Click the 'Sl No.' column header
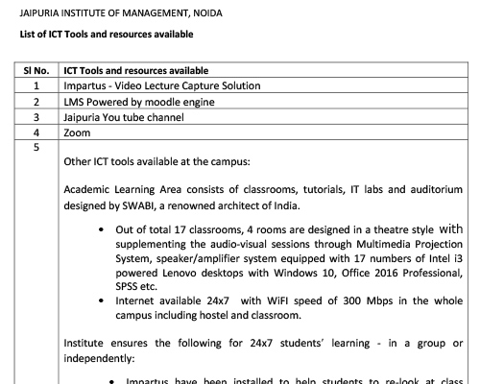35,71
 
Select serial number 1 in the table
36,85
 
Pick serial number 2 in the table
36,101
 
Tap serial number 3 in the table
36,117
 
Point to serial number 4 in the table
36,132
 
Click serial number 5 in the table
36,148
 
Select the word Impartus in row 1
84,85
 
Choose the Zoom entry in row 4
77,132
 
